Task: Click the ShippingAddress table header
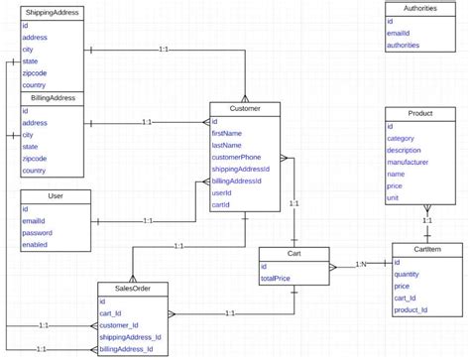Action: click(52, 10)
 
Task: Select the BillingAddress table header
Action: click(52, 98)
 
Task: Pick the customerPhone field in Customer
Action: click(236, 157)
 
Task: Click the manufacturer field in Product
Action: click(410, 162)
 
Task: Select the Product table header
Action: click(419, 115)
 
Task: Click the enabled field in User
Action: click(35, 244)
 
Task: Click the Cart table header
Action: click(294, 254)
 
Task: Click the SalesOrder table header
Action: click(133, 289)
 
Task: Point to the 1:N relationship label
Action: click(364, 264)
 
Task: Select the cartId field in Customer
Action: click(221, 204)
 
